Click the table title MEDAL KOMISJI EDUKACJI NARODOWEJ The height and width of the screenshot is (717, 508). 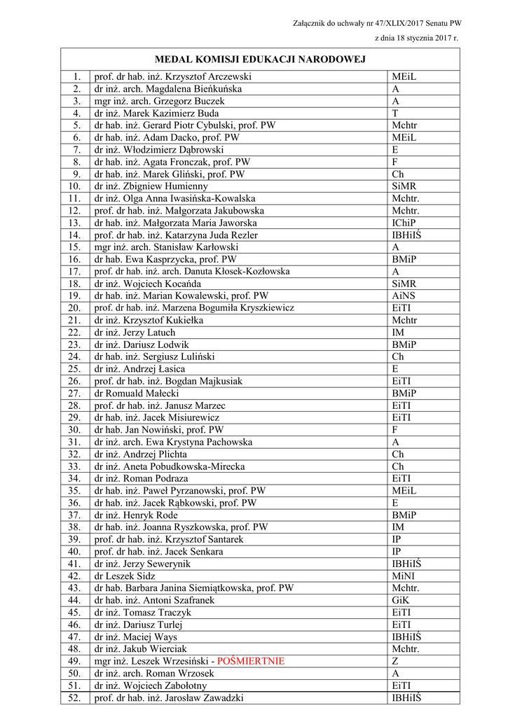click(x=260, y=60)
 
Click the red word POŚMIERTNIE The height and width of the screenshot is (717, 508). click(x=251, y=661)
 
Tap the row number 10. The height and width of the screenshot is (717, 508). click(x=75, y=186)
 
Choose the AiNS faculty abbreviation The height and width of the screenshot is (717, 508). click(x=404, y=295)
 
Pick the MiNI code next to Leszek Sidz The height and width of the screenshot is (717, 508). click(x=404, y=576)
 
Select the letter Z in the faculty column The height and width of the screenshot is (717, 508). click(x=395, y=661)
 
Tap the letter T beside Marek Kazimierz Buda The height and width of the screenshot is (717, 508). click(x=395, y=113)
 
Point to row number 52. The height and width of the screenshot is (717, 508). click(x=75, y=697)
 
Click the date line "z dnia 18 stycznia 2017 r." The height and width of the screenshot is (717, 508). click(x=416, y=38)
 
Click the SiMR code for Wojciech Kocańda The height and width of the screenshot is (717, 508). click(x=404, y=284)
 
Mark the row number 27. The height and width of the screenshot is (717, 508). click(x=75, y=394)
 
